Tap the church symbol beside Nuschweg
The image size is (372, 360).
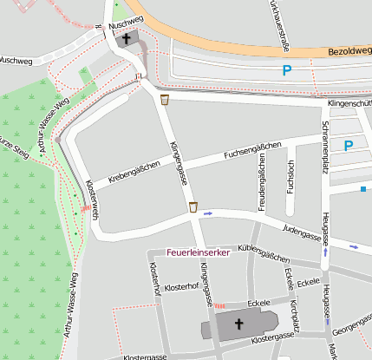point(127,39)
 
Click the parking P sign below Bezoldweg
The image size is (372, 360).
point(286,71)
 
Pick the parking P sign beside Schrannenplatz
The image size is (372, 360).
point(348,146)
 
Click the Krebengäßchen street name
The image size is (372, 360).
point(134,172)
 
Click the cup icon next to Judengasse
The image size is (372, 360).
point(193,207)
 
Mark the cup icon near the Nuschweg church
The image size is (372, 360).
point(164,100)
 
